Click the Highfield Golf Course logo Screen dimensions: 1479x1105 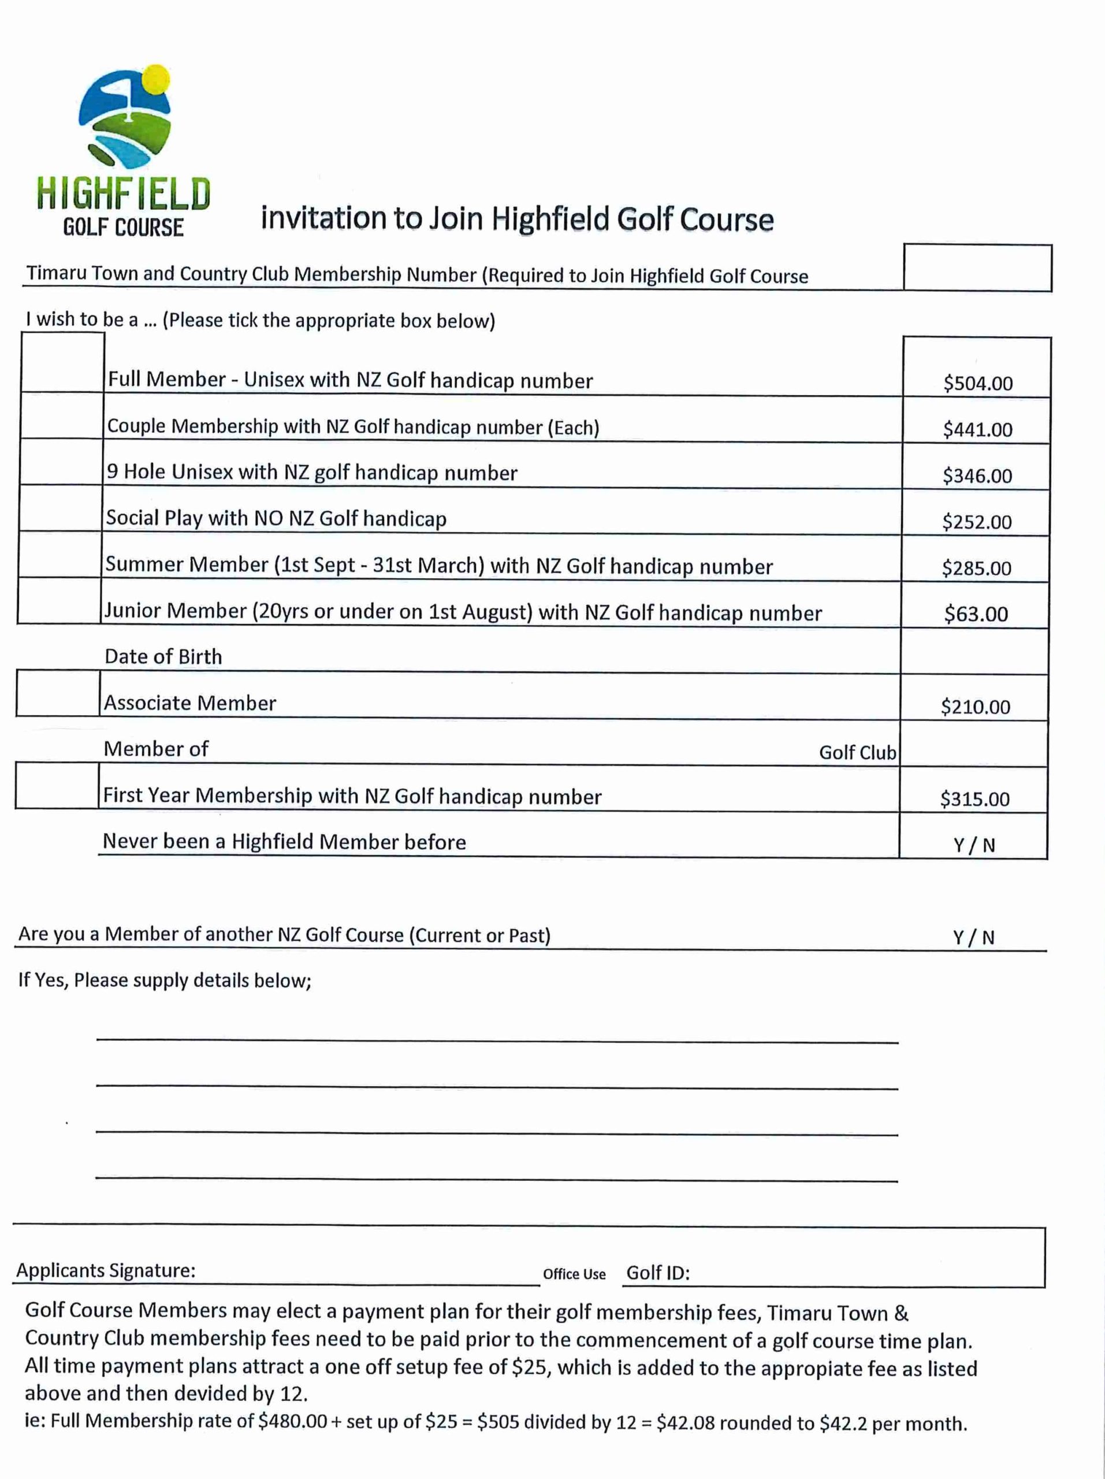[124, 150]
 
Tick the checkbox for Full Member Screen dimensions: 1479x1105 [62, 362]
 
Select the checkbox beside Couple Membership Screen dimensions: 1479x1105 [61, 415]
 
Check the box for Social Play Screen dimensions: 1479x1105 [60, 508]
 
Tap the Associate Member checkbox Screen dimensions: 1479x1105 [58, 693]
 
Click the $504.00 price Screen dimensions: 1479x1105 [978, 383]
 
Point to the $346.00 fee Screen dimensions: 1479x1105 [977, 475]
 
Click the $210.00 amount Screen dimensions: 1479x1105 [975, 707]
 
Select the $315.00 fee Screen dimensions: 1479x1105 [974, 799]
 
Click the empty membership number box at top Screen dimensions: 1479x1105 [977, 267]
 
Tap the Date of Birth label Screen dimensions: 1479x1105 [163, 656]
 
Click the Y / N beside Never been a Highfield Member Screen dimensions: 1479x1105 [974, 845]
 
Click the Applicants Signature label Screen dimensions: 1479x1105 [106, 1270]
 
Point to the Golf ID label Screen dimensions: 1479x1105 [658, 1272]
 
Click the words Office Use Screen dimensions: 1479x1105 [574, 1274]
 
